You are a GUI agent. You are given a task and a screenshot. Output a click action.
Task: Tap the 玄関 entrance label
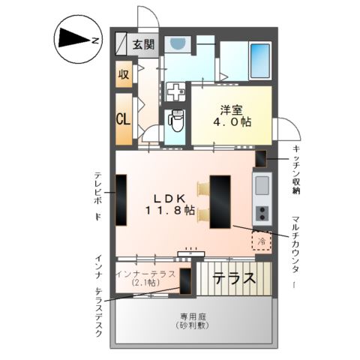coord(144,44)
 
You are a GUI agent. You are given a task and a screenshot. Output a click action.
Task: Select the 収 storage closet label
coord(124,76)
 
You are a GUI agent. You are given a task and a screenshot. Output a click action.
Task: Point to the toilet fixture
coord(176,118)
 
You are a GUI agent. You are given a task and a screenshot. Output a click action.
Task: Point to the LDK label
coord(169,198)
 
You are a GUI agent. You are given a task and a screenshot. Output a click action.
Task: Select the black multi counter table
coord(220,200)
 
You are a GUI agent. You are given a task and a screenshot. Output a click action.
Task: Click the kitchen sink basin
coord(262,184)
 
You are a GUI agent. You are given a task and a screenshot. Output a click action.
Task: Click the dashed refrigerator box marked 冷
coord(261,241)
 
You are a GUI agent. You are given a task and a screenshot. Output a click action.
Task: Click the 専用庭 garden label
coord(193,316)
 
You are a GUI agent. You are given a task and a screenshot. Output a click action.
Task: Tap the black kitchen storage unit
coord(261,158)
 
